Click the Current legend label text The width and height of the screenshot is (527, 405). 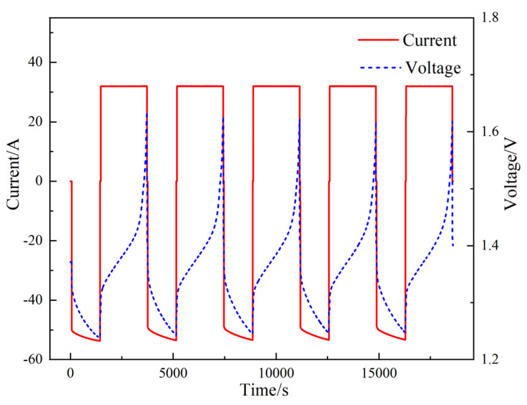click(429, 41)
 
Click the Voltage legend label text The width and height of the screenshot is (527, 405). click(433, 68)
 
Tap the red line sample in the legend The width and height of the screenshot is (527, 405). click(378, 40)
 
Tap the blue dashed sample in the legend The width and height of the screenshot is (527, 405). click(380, 68)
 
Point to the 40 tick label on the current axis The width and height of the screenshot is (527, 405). click(35, 62)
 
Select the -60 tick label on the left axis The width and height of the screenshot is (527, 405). click(33, 359)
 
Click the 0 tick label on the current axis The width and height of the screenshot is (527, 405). click(39, 181)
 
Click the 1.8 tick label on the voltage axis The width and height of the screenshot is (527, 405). click(490, 18)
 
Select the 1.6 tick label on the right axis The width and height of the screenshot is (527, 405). click(490, 131)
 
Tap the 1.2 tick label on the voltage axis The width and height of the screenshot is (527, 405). click(490, 359)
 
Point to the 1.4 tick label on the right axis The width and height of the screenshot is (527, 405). click(490, 245)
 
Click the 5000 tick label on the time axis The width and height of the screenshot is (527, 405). click(173, 374)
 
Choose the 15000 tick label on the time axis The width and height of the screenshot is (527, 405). click(378, 374)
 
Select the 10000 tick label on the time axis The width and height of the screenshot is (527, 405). click(276, 374)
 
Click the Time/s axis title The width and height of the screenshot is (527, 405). click(264, 390)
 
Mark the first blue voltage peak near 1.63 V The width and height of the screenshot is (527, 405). click(147, 114)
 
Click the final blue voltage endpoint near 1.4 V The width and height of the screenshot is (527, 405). click(453, 246)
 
